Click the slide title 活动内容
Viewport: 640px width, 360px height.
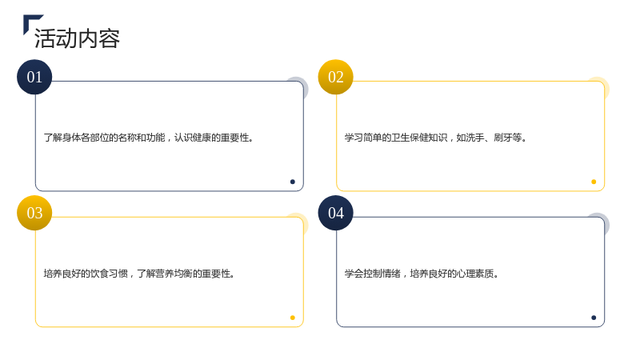point(77,38)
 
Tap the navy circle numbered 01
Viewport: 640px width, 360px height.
point(34,77)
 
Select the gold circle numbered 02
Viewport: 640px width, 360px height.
point(335,77)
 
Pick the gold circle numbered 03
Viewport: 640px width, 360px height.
point(34,213)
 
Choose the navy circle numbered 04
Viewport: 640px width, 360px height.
point(335,213)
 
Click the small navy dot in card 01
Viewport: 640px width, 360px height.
point(293,182)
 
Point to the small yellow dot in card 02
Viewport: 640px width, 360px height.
point(594,182)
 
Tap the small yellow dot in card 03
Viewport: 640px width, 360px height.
point(293,318)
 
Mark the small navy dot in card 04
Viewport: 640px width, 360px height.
point(594,318)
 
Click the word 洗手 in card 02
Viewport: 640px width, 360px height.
point(474,138)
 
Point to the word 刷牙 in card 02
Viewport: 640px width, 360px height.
point(503,138)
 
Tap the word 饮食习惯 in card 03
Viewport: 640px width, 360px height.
point(109,274)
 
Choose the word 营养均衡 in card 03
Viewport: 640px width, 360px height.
point(174,274)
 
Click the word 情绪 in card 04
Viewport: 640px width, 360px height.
point(391,274)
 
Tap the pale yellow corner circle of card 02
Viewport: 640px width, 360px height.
point(606,85)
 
